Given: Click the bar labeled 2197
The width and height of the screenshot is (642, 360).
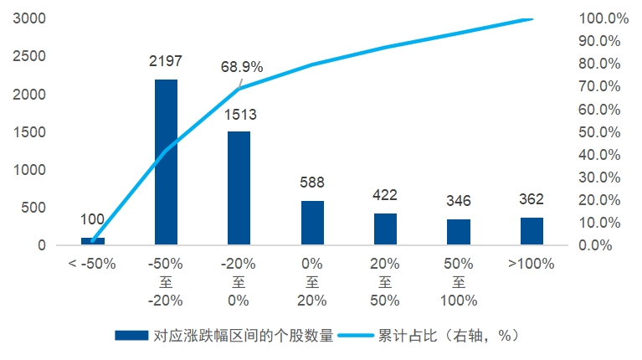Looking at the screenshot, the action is click(166, 162).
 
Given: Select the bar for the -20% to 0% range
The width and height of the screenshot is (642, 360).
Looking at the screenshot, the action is click(239, 188).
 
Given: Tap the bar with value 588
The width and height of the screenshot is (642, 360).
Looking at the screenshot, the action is click(312, 223).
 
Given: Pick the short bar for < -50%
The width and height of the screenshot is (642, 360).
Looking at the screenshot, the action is click(93, 241).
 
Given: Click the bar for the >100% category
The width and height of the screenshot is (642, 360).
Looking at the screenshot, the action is click(532, 231).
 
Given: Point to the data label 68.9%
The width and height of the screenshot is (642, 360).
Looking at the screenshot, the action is click(242, 67).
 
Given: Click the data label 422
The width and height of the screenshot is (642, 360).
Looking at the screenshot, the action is click(385, 195).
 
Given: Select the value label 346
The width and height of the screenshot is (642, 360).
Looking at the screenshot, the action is click(459, 201).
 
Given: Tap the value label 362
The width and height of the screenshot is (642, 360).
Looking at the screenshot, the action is click(532, 199).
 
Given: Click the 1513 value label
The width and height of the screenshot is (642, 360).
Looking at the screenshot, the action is click(240, 115).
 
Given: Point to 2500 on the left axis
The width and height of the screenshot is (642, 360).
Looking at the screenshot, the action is click(29, 56).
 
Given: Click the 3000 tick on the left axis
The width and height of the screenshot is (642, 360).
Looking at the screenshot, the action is click(29, 18).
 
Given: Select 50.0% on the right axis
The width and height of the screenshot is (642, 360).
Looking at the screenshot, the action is click(599, 132).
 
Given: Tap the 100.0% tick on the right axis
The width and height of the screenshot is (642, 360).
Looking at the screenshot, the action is click(603, 18).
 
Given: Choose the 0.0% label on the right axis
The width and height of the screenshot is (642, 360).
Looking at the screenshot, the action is click(595, 245).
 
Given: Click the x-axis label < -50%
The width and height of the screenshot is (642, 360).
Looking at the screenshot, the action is click(92, 264).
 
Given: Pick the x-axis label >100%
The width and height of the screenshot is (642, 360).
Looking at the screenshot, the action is click(531, 264).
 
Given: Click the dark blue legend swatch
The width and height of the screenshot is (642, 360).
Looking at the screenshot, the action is click(131, 336).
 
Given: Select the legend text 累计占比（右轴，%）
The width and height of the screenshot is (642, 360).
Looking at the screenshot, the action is click(449, 336).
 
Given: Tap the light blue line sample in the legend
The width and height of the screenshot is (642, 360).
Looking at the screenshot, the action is click(356, 336).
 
